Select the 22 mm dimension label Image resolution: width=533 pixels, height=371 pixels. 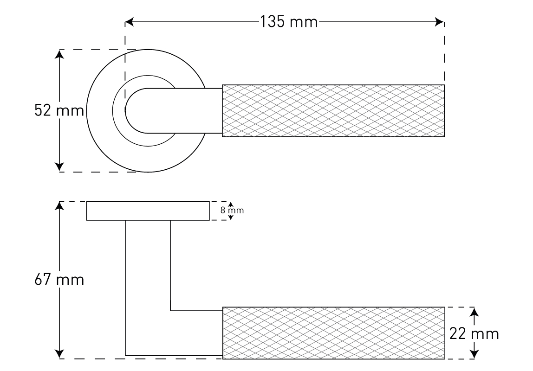474,333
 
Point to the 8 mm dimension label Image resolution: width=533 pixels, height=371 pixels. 232,210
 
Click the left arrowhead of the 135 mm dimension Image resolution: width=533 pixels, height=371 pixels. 130,22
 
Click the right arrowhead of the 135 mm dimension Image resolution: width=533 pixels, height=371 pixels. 440,22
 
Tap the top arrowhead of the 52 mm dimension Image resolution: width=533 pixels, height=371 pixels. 59,54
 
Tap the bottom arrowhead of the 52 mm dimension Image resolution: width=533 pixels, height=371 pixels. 59,167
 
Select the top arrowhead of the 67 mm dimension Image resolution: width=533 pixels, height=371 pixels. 59,206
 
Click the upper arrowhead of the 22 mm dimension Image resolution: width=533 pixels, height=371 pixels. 474,313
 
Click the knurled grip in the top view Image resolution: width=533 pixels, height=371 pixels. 333,111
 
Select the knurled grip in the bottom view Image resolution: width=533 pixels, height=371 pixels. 333,333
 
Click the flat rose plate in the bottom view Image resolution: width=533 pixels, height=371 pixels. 148,211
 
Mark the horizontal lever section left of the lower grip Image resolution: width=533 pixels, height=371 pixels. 195,333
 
